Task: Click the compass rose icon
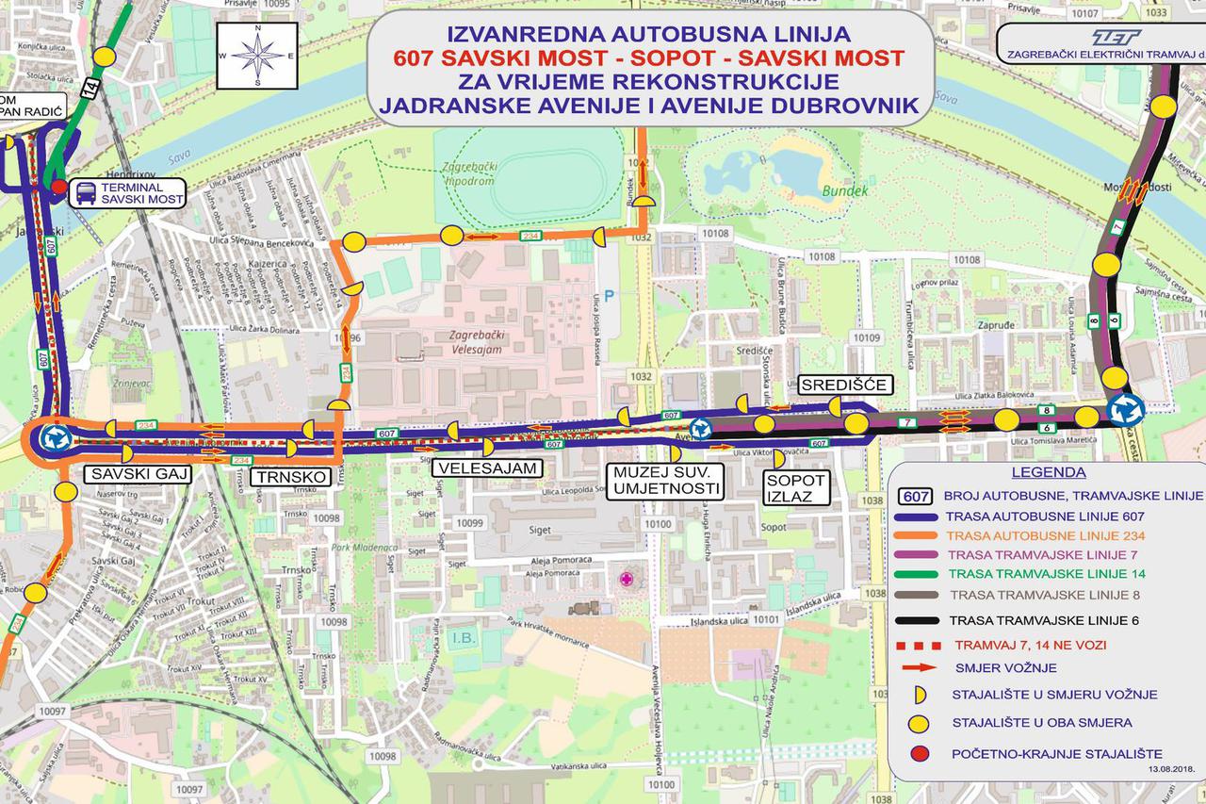click(x=257, y=55)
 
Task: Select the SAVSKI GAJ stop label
click(x=138, y=474)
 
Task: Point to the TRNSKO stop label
click(x=291, y=478)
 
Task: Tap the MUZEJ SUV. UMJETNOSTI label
click(x=666, y=481)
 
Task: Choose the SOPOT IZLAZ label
click(x=793, y=486)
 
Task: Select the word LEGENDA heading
click(x=1048, y=472)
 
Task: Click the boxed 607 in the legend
click(x=916, y=496)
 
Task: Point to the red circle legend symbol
click(x=916, y=754)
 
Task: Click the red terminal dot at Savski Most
click(x=59, y=187)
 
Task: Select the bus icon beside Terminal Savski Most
click(x=84, y=193)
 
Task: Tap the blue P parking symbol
click(x=610, y=295)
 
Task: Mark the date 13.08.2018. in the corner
click(x=1170, y=769)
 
